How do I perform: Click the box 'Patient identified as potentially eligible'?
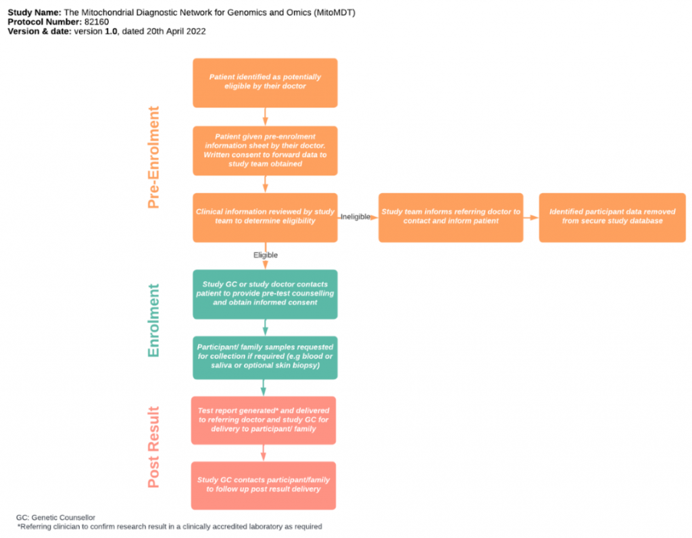265,82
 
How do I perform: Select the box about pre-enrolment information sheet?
265,150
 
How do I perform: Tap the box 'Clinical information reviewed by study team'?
265,217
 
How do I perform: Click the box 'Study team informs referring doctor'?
451,217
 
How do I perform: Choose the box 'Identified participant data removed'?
612,217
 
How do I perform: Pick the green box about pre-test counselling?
265,294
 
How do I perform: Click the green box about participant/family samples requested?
265,357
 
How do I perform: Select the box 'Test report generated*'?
264,420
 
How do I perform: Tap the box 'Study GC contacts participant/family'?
264,485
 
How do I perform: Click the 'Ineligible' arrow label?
356,217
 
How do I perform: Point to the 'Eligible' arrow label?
266,255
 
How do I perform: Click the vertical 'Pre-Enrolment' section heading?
154,157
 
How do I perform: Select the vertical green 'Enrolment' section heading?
154,320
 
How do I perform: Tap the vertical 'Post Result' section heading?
154,447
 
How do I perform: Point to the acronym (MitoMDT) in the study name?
332,13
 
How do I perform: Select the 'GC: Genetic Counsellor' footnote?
55,517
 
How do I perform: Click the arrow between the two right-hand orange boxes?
531,218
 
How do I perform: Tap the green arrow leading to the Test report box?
264,387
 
